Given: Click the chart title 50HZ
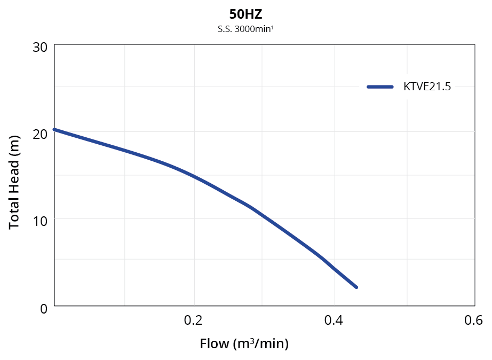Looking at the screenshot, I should click(x=245, y=14).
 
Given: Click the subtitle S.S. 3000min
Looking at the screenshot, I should click(x=245, y=29).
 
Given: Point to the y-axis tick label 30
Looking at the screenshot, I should click(x=40, y=47).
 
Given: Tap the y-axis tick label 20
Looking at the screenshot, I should click(x=40, y=134).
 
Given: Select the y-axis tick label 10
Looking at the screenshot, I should click(x=40, y=221).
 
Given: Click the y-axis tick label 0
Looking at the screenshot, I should click(x=44, y=308).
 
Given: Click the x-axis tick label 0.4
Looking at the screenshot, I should click(x=334, y=320).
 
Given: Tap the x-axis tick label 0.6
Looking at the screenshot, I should click(x=473, y=320).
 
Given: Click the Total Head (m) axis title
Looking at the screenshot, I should click(x=14, y=182).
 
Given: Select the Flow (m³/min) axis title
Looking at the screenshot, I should click(x=244, y=343).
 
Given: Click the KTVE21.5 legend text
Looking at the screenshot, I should click(x=427, y=87).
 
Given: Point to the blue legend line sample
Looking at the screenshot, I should click(x=380, y=87).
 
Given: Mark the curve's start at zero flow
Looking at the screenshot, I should click(x=55, y=129).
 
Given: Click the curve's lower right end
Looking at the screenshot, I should click(x=356, y=287).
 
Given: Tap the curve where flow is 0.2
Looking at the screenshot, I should click(x=194, y=177).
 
